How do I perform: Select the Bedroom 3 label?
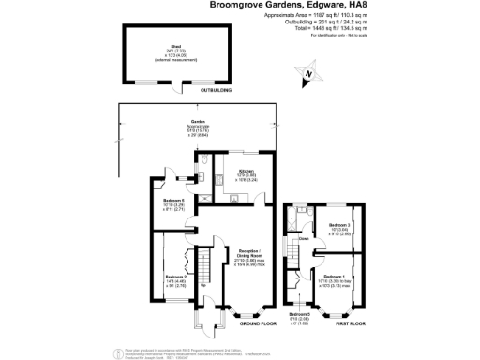pos(339,226)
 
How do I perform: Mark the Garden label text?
pos(198,122)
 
